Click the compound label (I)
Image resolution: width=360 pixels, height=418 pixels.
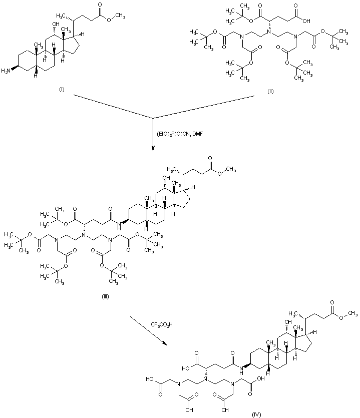coord(62,90)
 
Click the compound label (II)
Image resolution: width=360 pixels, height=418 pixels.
coord(270,92)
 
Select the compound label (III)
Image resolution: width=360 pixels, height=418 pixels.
coord(106,297)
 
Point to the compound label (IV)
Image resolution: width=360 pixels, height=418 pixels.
coord(256,414)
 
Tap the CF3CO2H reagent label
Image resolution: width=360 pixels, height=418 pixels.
coord(162,324)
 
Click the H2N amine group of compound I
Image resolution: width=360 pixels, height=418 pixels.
coord(6,71)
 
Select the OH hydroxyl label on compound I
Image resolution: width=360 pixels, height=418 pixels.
coord(56,25)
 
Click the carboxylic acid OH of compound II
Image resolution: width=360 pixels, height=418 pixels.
coord(306,21)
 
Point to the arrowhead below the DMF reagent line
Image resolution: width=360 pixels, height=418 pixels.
coord(153,149)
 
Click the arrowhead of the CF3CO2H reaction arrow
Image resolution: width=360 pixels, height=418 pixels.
coord(165,344)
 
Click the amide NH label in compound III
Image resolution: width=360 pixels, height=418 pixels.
coord(119,226)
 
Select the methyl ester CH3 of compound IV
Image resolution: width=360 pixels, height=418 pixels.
coord(353,313)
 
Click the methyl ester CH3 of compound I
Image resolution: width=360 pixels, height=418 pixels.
coord(120,16)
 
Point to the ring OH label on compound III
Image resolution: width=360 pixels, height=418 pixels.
coord(166,178)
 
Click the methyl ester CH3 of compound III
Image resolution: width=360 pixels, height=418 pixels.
coord(231,170)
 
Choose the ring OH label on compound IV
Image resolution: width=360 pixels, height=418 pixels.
coord(288,322)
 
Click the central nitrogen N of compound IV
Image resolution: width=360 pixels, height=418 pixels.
coord(205,379)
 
